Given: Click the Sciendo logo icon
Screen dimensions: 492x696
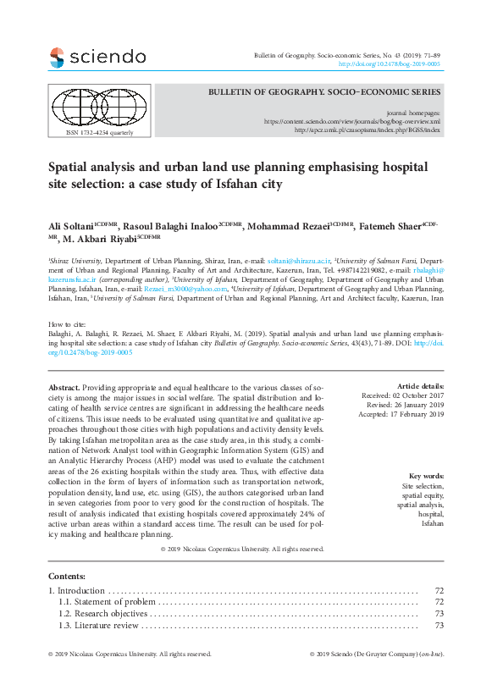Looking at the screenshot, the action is click(x=57, y=58).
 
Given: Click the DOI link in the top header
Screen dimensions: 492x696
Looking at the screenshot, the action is click(x=389, y=64).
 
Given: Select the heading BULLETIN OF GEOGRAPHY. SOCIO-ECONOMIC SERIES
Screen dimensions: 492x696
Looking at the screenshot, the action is click(x=325, y=91).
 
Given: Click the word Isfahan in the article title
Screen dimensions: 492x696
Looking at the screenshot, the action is click(x=259, y=183).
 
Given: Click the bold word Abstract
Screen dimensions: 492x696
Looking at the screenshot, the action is click(x=64, y=386).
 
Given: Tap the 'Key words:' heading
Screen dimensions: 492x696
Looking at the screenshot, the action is click(x=425, y=477).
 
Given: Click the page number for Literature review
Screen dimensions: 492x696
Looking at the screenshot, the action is click(x=439, y=625).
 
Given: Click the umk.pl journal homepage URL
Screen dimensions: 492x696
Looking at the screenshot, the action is click(x=366, y=130).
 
